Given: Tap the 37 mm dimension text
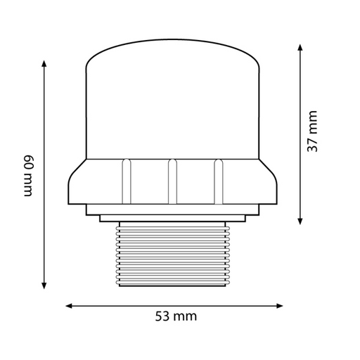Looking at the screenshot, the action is point(312,131).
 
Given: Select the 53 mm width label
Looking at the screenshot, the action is point(176,316).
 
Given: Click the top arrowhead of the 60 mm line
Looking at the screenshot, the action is point(44,63).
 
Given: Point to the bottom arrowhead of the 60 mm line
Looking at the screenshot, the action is point(44,285).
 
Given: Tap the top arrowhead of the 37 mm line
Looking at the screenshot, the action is point(300,47).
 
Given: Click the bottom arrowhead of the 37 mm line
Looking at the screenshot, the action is point(300,221).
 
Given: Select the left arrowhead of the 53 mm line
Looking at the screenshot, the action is point(69,306).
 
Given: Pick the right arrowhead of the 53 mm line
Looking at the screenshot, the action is point(280,306).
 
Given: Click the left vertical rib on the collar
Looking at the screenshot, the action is point(127,181).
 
